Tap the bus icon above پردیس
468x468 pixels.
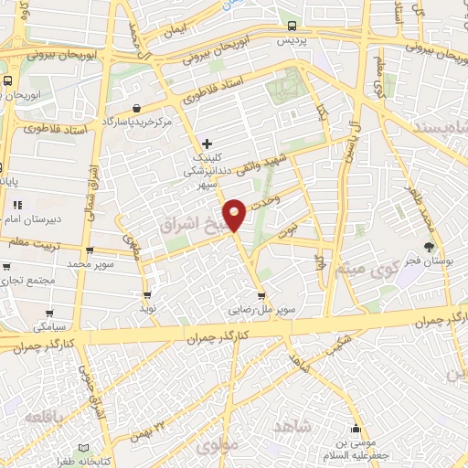click(292, 27)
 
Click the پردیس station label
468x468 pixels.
click(292, 41)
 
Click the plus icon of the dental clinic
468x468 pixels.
click(207, 144)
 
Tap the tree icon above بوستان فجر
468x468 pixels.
click(430, 247)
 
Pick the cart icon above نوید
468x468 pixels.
click(147, 295)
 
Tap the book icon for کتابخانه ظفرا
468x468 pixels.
click(84, 448)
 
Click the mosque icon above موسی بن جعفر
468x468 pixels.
click(356, 429)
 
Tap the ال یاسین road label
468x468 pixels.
click(350, 143)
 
